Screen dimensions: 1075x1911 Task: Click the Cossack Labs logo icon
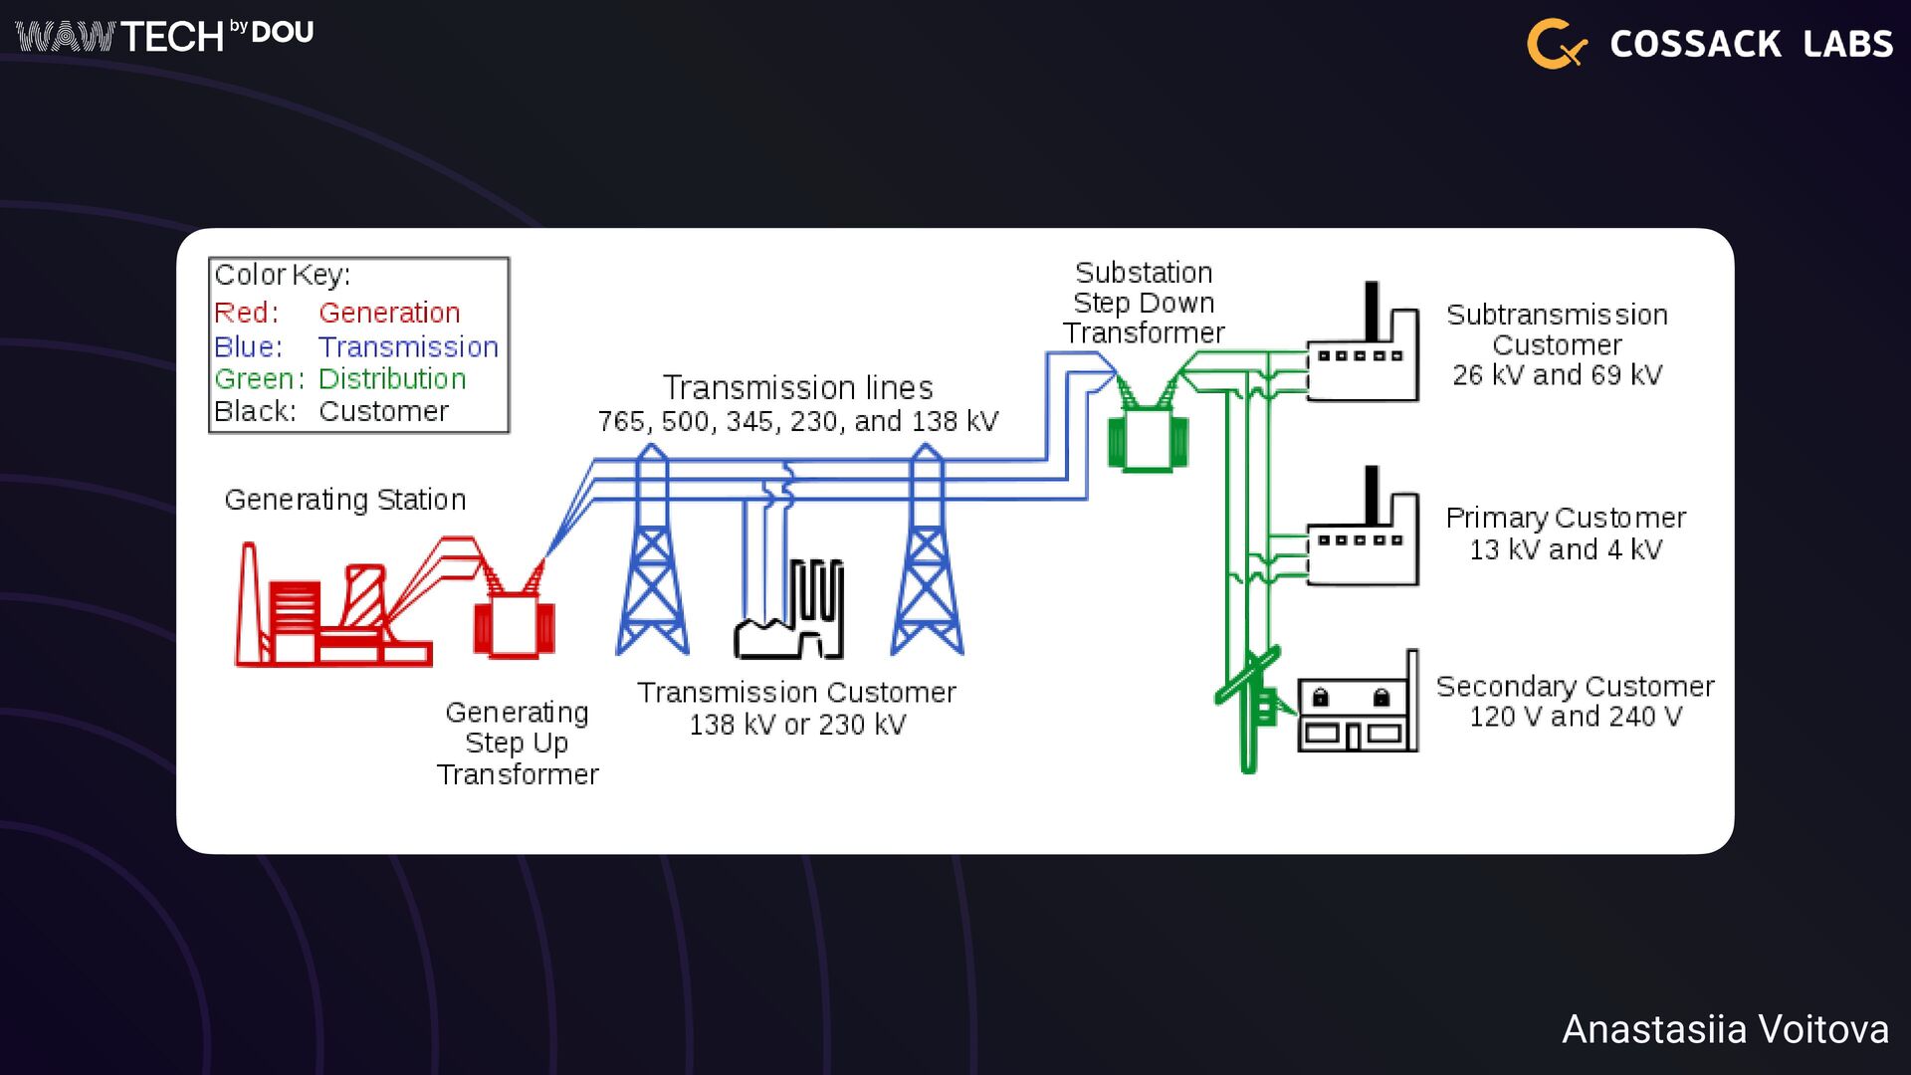click(1556, 44)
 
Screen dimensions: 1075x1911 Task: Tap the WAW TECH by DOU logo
click(164, 36)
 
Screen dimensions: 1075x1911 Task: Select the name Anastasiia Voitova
click(1725, 1029)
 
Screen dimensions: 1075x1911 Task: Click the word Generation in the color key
click(389, 313)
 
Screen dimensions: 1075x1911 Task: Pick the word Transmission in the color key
click(408, 346)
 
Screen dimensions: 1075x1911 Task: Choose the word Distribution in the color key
click(392, 379)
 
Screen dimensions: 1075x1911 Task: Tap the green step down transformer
click(1148, 438)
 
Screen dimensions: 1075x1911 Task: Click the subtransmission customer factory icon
click(1362, 348)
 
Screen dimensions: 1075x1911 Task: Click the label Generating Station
click(345, 499)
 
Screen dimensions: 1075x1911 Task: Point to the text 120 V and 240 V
click(1576, 717)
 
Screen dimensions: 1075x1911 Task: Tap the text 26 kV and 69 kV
click(1557, 375)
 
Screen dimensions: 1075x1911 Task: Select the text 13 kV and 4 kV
click(1566, 549)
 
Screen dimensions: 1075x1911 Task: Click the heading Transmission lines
click(798, 387)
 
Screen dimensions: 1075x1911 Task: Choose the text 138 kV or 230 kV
click(797, 725)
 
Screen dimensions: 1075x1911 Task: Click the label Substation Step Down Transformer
click(1144, 303)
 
